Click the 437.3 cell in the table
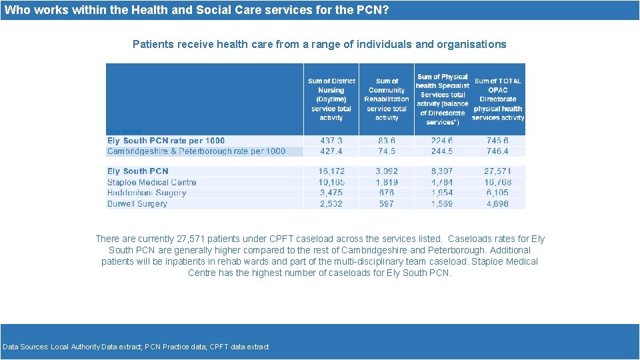[x=331, y=141]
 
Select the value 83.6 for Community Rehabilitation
[x=386, y=141]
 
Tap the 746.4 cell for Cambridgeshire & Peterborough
[x=497, y=151]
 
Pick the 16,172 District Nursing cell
[x=331, y=171]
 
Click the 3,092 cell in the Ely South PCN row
[x=386, y=171]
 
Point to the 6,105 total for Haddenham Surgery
[x=497, y=193]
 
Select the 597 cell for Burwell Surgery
[x=386, y=203]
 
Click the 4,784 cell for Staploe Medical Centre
[x=442, y=182]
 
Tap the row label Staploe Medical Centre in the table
[x=152, y=182]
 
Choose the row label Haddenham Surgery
[x=147, y=193]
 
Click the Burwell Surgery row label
[x=137, y=203]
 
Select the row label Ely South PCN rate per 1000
[x=166, y=141]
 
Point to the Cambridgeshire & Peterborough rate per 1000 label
[x=196, y=151]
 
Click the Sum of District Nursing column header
[x=331, y=99]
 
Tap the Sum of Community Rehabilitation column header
[x=387, y=99]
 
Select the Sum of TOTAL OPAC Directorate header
[x=498, y=99]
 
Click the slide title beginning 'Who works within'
[x=197, y=10]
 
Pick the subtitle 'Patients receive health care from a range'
[x=319, y=45]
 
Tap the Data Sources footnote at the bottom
[x=136, y=347]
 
